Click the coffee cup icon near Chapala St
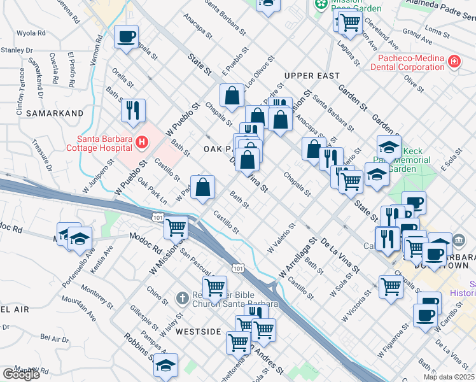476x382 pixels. click(127, 36)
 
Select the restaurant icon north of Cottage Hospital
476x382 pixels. click(134, 110)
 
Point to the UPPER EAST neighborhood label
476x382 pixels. click(312, 76)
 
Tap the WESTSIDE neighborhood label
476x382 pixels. click(198, 332)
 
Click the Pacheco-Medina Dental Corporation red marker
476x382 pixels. click(454, 62)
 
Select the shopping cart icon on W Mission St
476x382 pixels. click(176, 227)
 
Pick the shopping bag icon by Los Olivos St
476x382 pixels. click(232, 95)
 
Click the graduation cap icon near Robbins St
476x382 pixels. click(166, 365)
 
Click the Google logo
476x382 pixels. click(21, 374)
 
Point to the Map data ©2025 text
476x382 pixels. click(449, 377)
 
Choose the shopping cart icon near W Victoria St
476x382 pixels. click(391, 286)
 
